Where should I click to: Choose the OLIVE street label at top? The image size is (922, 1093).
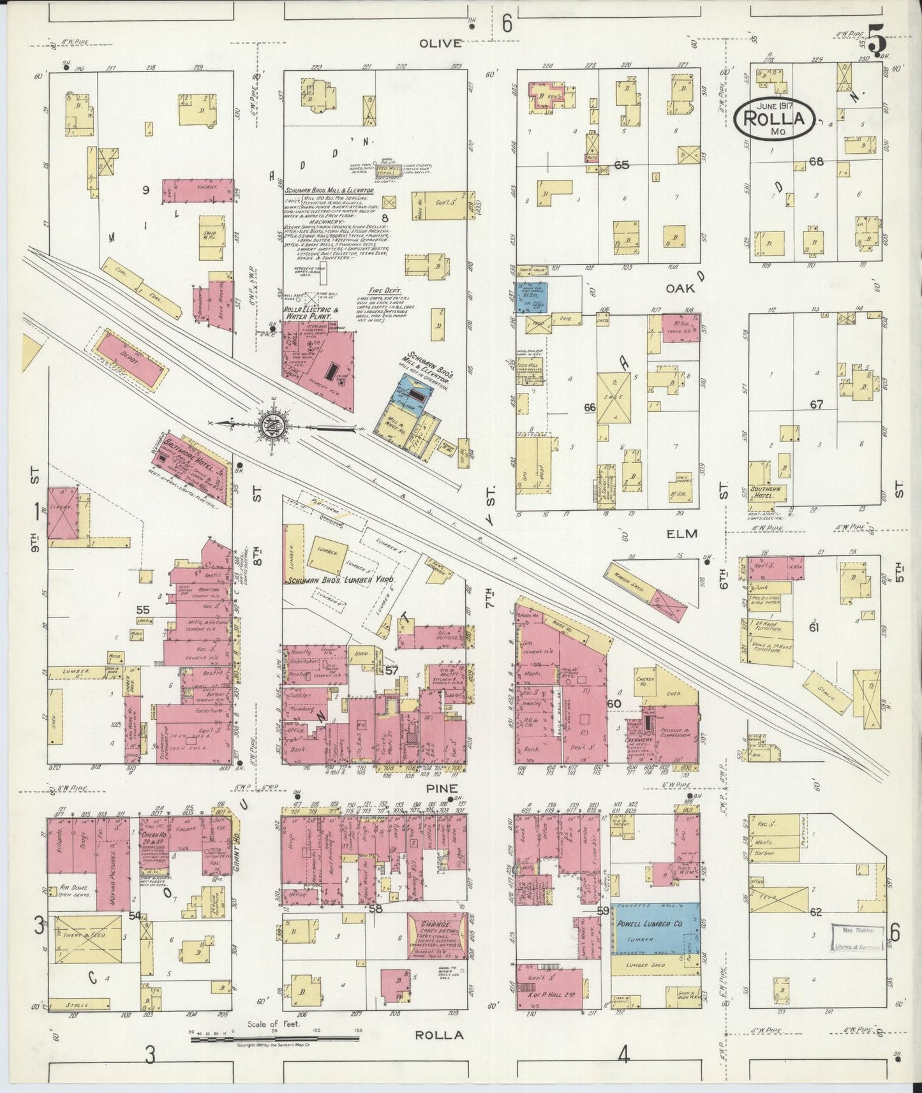(440, 43)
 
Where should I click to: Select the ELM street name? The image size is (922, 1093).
(683, 533)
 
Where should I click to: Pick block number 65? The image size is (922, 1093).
(621, 165)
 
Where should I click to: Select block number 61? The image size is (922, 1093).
(814, 627)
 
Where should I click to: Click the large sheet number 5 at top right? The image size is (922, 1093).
(876, 42)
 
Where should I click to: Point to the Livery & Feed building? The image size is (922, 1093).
(87, 939)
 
